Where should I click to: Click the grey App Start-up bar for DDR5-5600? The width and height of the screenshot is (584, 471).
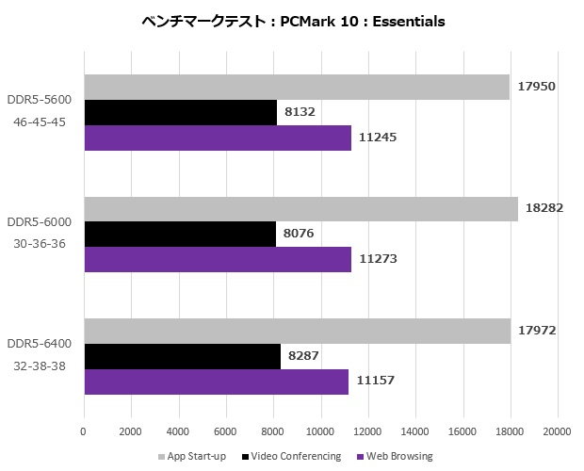pos(297,87)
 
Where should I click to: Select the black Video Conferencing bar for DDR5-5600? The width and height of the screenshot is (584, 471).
pos(180,112)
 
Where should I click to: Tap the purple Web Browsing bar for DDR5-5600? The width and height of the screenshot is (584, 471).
pos(218,138)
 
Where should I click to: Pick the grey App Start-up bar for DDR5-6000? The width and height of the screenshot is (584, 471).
pos(300,208)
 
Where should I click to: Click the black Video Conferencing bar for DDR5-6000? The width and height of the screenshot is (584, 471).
pos(180,234)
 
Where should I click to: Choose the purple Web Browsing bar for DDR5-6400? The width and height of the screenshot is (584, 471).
pos(216,382)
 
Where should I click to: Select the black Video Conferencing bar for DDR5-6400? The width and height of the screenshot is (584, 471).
pos(182,356)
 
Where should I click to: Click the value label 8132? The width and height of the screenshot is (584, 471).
pos(300,112)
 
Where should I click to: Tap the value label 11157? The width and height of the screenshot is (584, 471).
pos(377,382)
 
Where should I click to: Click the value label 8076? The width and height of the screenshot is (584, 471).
pos(299,234)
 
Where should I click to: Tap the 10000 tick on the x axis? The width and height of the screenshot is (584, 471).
pos(320,431)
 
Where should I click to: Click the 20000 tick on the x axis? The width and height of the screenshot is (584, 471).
pos(557,431)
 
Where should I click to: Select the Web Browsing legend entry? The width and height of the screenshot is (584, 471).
pos(399,457)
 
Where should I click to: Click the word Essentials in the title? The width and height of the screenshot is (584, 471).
pos(401,21)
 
